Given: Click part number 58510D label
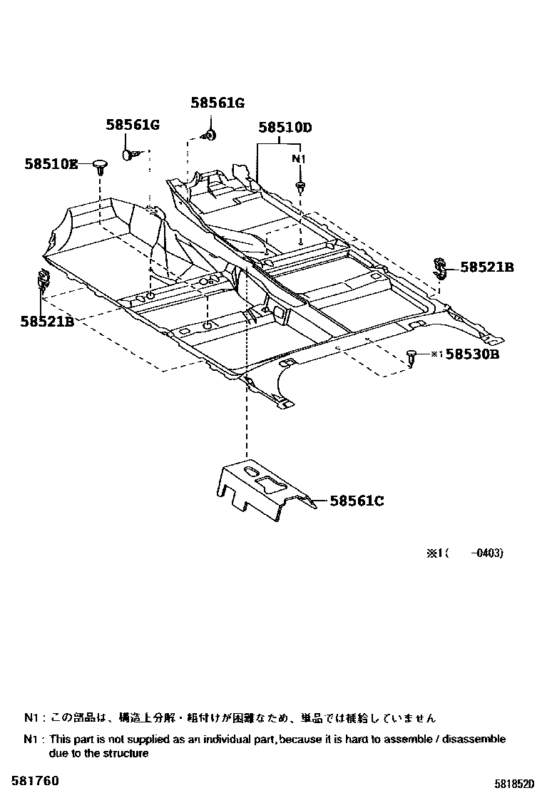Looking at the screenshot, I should pos(285,128).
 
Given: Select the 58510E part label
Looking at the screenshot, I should pos(51,164).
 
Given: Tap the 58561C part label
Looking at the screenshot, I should pos(357,501).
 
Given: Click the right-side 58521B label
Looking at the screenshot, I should pos(487,267).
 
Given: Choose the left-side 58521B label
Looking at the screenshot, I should pos(47,322).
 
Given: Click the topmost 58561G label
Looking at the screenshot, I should pos(218,103).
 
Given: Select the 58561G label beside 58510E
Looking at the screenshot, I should pos(133,126).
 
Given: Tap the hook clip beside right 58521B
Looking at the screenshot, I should pos(440,267).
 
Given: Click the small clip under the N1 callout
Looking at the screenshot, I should pos(300,188).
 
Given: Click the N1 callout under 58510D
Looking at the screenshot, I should pos(300,158).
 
